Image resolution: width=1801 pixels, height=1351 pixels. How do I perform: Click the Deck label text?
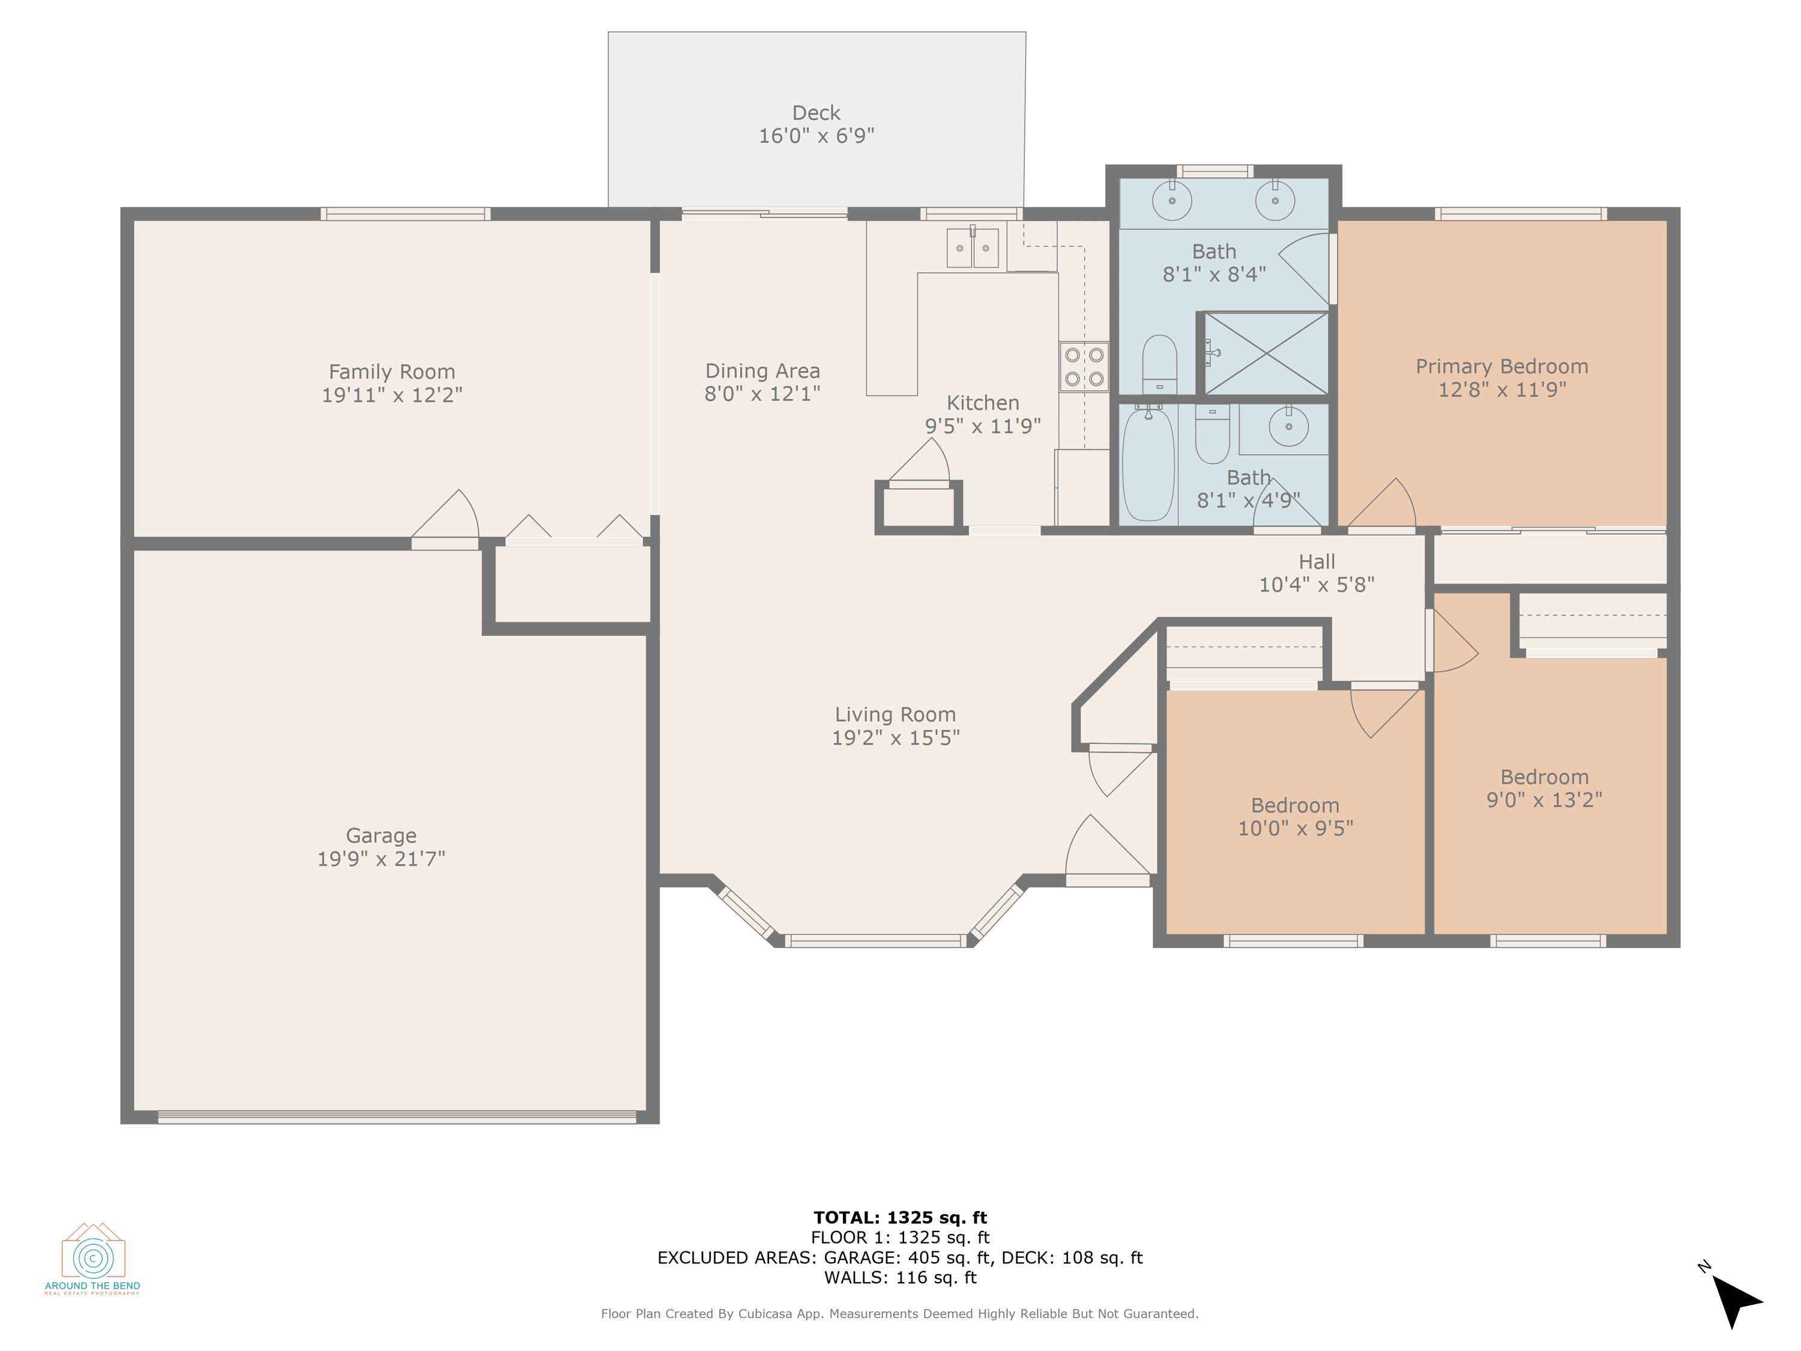click(816, 113)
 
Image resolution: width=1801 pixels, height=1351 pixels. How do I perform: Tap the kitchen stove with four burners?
click(1084, 366)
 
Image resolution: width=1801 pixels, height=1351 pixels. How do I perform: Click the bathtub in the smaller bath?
click(1148, 464)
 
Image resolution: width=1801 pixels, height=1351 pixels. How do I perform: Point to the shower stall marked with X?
click(1266, 354)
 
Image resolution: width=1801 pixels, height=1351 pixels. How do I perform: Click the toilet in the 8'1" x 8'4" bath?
click(1159, 365)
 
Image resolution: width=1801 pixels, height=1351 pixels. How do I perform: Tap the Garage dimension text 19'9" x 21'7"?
click(381, 858)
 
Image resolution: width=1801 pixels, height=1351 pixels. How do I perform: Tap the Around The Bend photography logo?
click(93, 1258)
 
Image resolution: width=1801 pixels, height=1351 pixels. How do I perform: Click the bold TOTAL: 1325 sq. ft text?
click(900, 1218)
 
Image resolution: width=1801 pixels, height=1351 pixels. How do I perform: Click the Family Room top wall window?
click(405, 214)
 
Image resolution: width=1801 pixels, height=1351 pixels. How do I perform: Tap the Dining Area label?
click(762, 371)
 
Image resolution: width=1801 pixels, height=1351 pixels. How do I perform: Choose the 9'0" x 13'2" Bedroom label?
click(1543, 777)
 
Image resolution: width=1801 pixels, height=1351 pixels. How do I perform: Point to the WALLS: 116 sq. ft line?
click(900, 1278)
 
